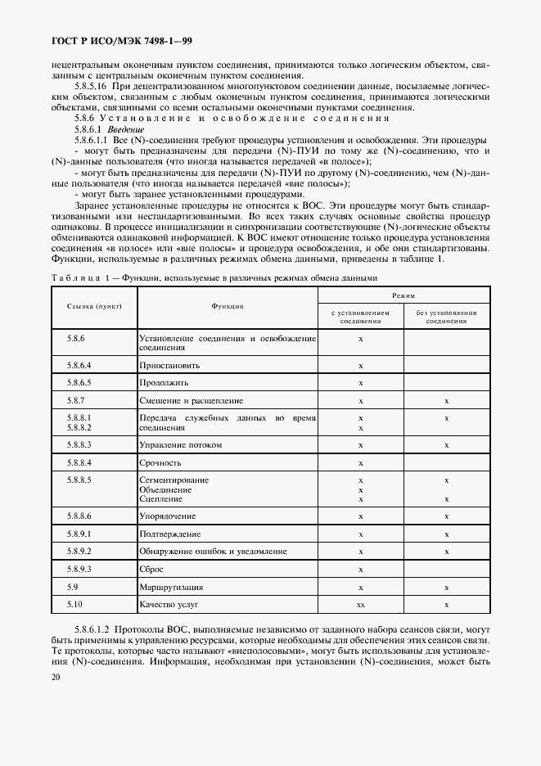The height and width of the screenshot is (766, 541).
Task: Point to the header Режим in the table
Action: point(403,292)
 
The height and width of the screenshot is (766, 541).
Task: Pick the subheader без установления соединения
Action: point(446,316)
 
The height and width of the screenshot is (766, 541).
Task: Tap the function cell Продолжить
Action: point(165,382)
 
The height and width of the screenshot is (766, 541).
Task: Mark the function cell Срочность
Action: point(160,462)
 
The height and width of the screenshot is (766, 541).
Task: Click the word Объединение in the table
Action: point(166,489)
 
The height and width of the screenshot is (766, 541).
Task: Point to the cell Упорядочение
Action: point(168,516)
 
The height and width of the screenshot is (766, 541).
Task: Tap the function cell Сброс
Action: point(152,569)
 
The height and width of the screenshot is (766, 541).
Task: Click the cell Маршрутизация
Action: point(171,587)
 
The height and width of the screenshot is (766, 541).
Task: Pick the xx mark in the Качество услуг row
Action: point(360,604)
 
